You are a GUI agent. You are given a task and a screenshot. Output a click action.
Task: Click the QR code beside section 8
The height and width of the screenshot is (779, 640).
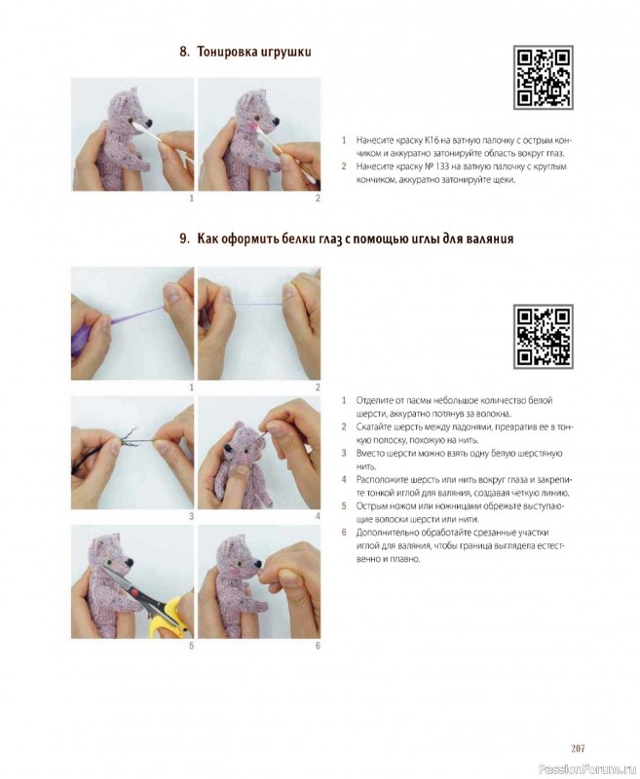tap(544, 78)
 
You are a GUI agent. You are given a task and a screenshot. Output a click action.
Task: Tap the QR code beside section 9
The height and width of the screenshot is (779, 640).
tap(544, 336)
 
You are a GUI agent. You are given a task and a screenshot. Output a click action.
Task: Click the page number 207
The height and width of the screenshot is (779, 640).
tap(578, 748)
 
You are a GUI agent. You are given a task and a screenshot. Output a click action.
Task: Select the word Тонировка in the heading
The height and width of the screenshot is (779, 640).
tap(227, 53)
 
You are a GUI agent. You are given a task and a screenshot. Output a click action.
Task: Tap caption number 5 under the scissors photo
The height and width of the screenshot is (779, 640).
tap(191, 646)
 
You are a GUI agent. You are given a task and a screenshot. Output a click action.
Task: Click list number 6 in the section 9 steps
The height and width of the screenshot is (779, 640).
tap(343, 533)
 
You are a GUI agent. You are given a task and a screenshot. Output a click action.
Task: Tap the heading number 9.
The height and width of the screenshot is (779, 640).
tap(184, 239)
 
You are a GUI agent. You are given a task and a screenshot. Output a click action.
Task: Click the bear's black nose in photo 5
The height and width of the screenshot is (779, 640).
tap(130, 563)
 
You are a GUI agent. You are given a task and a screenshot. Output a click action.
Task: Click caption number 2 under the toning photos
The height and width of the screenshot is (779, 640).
tap(318, 199)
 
